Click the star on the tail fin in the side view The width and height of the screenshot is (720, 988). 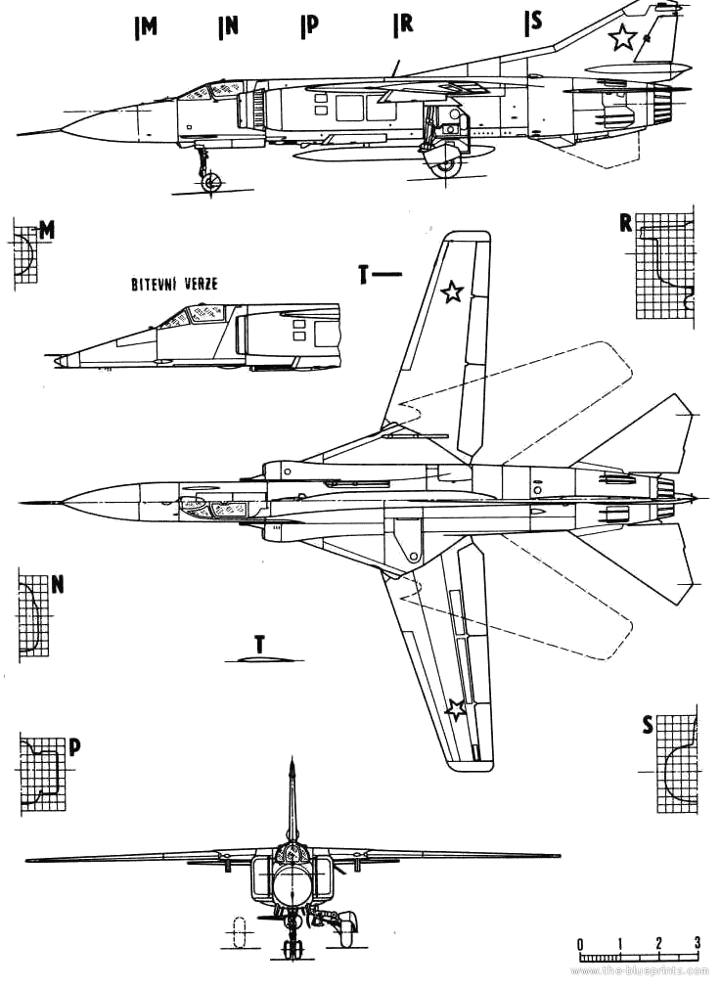(622, 37)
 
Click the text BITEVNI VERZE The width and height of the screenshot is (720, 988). (174, 284)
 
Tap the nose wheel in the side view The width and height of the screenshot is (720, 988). (210, 182)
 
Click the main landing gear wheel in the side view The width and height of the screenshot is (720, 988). (447, 163)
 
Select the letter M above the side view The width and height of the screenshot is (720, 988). (149, 27)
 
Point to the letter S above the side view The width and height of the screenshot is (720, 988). (535, 22)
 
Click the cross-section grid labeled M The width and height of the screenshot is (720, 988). (24, 252)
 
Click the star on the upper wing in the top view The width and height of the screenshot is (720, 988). (452, 292)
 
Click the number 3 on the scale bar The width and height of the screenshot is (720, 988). (697, 943)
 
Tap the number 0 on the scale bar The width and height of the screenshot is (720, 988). (579, 943)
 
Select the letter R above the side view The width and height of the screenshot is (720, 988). (404, 23)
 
